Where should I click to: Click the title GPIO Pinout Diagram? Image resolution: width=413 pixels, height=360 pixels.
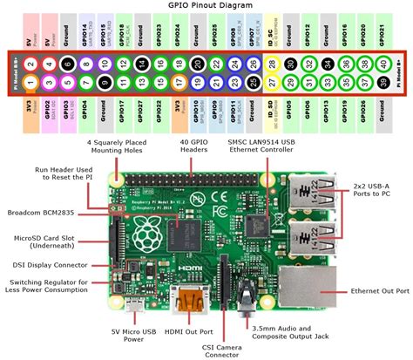206,6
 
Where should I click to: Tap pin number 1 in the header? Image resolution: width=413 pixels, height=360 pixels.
30,84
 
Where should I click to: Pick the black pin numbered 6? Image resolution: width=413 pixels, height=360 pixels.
67,64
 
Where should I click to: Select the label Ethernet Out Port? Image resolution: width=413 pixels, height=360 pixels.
377,292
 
